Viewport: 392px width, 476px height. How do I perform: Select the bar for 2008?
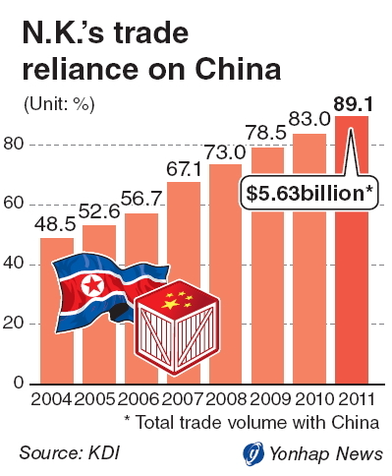tap(225, 274)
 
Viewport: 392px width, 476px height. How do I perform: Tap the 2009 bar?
tap(267, 266)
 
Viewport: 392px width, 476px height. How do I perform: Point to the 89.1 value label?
tap(353, 105)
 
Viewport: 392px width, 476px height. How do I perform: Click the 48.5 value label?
tap(55, 224)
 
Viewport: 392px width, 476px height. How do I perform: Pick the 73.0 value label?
tap(225, 151)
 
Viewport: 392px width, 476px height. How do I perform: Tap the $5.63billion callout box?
tap(309, 193)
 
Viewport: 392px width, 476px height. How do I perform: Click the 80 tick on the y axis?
tap(14, 144)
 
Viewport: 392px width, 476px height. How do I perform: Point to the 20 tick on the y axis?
tap(14, 323)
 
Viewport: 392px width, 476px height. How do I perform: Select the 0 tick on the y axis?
tap(19, 383)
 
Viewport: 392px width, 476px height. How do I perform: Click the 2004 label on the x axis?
tap(51, 399)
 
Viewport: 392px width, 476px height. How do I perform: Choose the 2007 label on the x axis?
tap(182, 399)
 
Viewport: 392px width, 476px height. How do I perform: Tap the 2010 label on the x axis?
tap(313, 399)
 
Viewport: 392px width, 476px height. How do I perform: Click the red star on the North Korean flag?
tap(92, 285)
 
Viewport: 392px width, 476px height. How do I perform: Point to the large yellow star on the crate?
tap(171, 304)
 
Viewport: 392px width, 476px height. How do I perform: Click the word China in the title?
tap(238, 69)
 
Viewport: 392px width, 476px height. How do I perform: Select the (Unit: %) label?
tap(59, 105)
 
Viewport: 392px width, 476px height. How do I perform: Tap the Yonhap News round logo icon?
tap(253, 453)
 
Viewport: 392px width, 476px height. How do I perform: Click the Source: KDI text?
tap(70, 453)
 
